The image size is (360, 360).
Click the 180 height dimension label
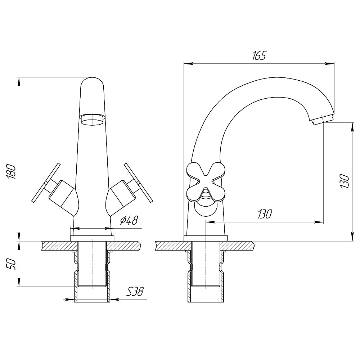pyautogui.click(x=11, y=172)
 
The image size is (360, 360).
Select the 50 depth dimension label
pyautogui.click(x=11, y=265)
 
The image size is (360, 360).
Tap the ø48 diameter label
pyautogui.click(x=129, y=221)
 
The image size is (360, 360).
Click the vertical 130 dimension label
pyautogui.click(x=345, y=181)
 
